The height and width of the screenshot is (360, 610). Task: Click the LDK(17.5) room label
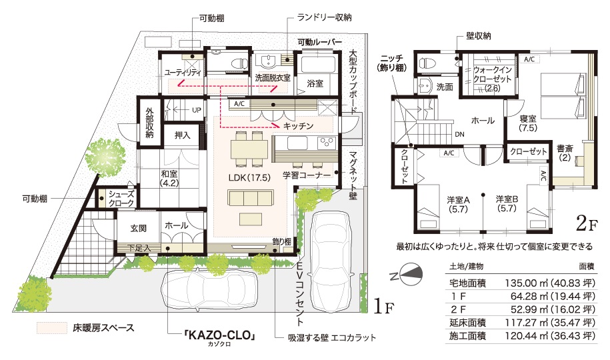249,177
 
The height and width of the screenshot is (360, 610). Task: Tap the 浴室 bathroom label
315,83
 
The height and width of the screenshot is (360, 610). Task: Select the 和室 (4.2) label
169,178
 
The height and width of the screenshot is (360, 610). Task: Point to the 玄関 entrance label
139,228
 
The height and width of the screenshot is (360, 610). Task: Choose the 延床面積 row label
467,322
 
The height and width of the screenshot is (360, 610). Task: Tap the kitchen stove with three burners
325,143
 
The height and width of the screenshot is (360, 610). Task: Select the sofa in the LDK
251,198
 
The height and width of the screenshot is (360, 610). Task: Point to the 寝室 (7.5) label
528,123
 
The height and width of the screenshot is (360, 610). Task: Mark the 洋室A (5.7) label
458,204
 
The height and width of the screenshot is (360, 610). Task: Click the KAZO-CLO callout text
220,335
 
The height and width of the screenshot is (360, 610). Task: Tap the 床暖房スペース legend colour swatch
52,328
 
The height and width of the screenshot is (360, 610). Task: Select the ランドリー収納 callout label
325,17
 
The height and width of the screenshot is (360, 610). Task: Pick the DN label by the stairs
459,134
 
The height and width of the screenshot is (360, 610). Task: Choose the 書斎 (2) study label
565,152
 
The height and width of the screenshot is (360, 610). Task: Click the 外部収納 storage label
150,123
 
